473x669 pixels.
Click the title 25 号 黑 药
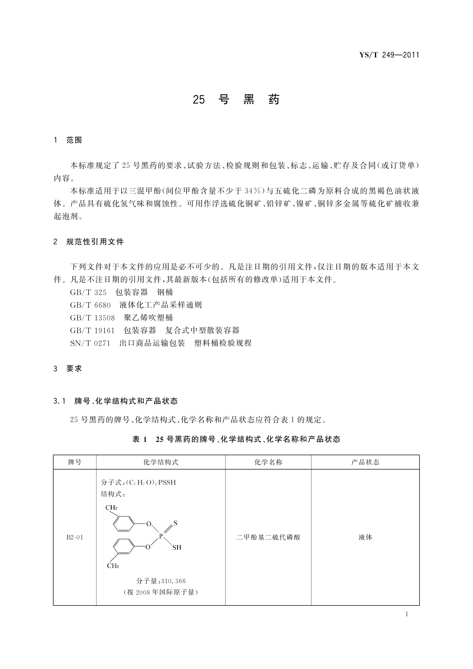click(236, 99)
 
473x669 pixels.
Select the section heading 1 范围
click(68, 140)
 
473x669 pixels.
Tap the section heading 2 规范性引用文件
click(89, 242)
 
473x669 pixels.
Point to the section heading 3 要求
click(68, 368)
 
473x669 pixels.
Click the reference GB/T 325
click(88, 292)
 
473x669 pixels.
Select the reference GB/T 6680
click(90, 305)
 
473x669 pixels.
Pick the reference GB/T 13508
click(92, 318)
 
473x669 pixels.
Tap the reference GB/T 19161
click(92, 331)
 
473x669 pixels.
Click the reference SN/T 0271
click(90, 343)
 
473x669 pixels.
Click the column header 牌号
click(75, 462)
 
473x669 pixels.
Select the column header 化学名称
click(268, 462)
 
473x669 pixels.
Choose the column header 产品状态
click(365, 462)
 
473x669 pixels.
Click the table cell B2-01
click(75, 538)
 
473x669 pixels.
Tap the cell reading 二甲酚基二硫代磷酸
click(268, 538)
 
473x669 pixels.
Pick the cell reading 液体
click(365, 538)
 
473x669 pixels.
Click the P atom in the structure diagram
click(161, 536)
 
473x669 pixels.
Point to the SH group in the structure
click(177, 547)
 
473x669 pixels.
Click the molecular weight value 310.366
click(173, 581)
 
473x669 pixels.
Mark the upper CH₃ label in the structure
click(111, 508)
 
